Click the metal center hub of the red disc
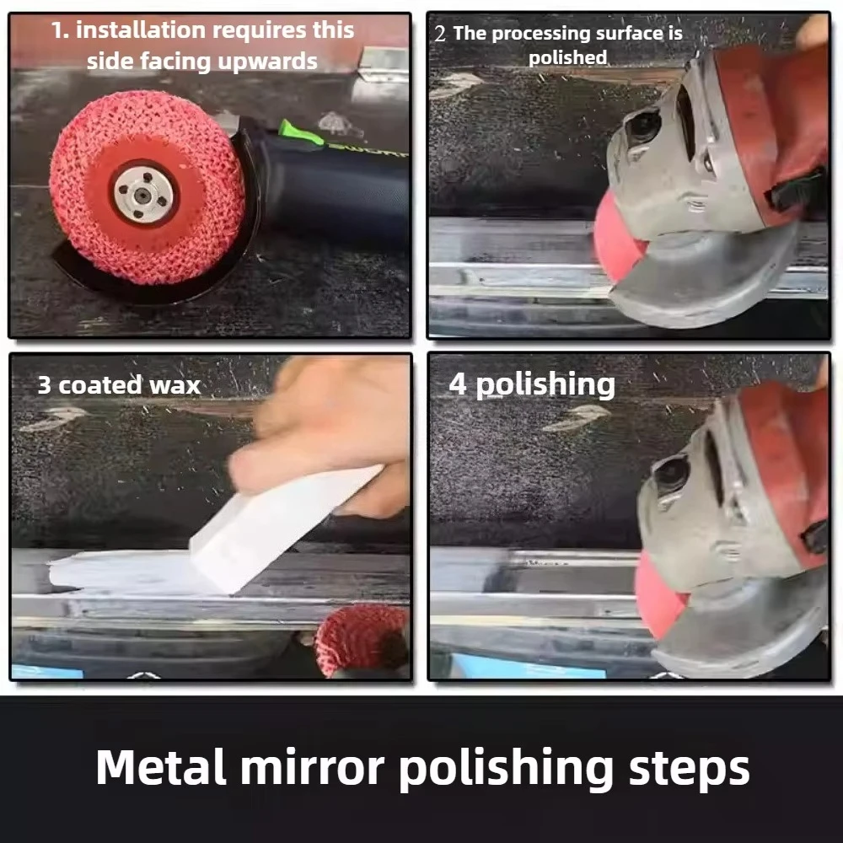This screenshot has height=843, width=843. coord(144,193)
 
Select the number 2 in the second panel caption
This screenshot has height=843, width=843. coord(440,35)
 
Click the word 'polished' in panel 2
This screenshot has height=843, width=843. coord(567,57)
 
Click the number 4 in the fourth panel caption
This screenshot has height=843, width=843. coord(458,385)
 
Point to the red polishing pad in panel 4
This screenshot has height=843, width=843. coord(658,594)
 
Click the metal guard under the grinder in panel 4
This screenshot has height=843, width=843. coord(742,628)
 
